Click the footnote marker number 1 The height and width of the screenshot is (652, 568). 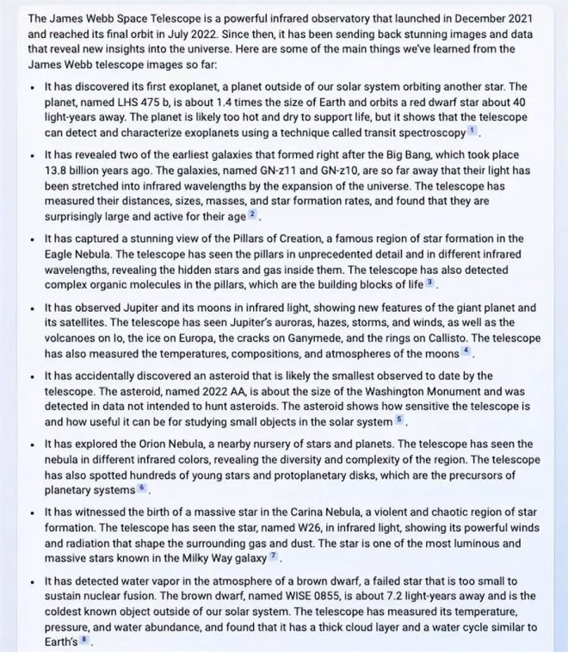(472, 132)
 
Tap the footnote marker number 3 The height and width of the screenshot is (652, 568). (430, 283)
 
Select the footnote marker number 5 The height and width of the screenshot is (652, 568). (398, 419)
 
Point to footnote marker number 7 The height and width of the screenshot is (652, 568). (273, 556)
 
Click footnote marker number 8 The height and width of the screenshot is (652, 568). (84, 641)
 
